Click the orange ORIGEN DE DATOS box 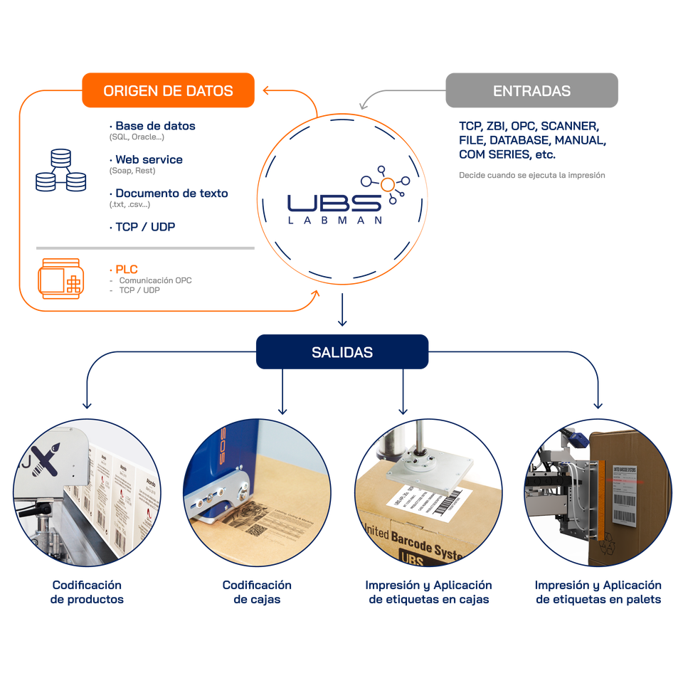click(x=168, y=91)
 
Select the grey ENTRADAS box click(x=531, y=91)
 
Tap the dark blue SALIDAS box click(x=341, y=352)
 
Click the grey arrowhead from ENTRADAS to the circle click(x=362, y=106)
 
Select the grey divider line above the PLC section click(x=145, y=248)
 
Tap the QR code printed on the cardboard click(x=255, y=531)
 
